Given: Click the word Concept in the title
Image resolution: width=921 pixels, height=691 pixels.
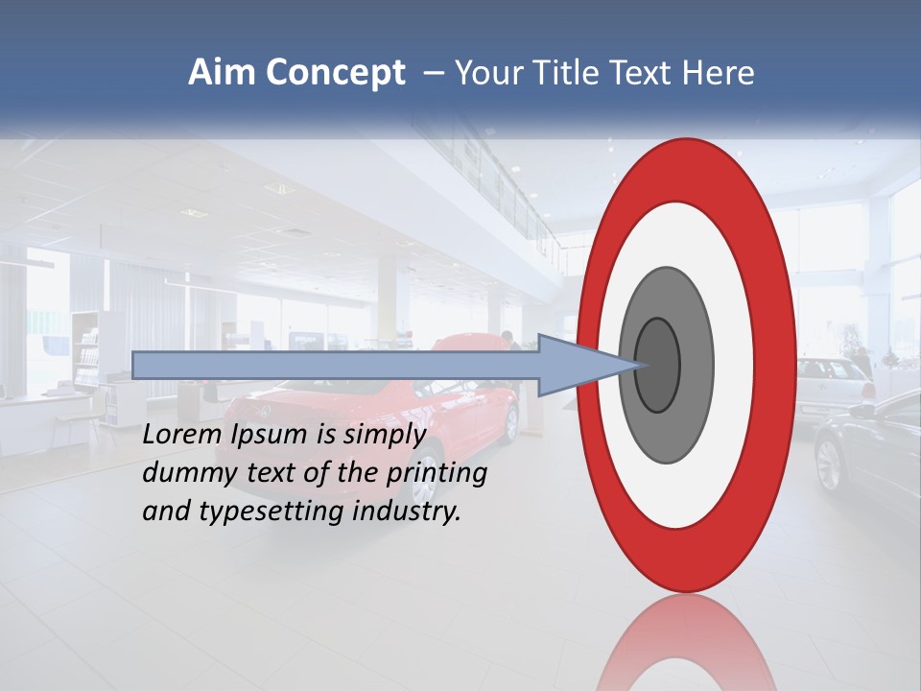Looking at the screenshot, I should pyautogui.click(x=335, y=73).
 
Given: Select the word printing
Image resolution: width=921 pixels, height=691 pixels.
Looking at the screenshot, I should pyautogui.click(x=437, y=474).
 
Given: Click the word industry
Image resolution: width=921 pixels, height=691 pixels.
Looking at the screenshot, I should pyautogui.click(x=407, y=512).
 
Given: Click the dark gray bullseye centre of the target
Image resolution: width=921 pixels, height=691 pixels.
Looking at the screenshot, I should pyautogui.click(x=658, y=366).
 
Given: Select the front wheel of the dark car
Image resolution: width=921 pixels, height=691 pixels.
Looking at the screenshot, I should pyautogui.click(x=827, y=465).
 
